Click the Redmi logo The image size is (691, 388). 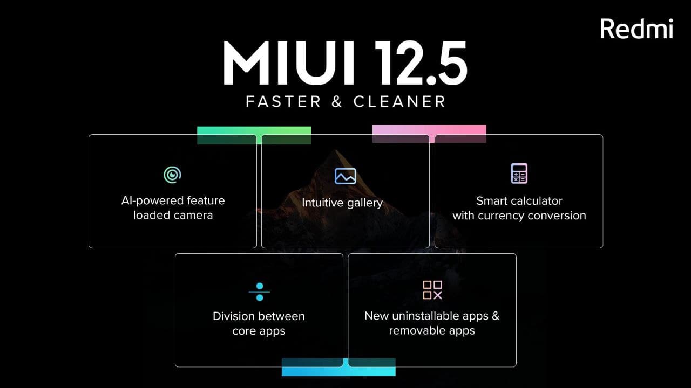pos(636,29)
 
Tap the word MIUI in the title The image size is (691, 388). pos(289,63)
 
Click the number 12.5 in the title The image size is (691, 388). pos(421,63)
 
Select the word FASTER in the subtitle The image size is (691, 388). pos(283,101)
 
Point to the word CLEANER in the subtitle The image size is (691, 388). pos(399,101)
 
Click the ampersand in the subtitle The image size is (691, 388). pos(337,101)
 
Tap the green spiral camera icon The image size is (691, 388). pos(172,175)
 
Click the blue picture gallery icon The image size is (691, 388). pos(345,176)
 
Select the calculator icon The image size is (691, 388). pos(519,174)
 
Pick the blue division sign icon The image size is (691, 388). pos(260,292)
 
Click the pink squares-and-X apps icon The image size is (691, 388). pos(432,290)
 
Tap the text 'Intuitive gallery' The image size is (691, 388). pos(342,203)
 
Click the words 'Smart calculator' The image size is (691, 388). pos(519,201)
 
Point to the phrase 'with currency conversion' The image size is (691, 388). pos(519,216)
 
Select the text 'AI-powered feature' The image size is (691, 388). pos(173,201)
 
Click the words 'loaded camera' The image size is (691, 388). pos(173,215)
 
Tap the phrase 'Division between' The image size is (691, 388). pos(259,316)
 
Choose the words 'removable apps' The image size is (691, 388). pos(432,331)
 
